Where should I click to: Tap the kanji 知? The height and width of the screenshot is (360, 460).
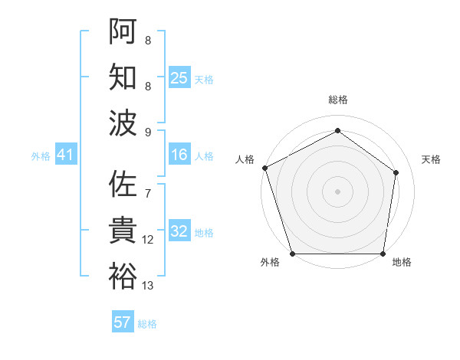pos(123,77)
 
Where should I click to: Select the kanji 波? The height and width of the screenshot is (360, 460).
pos(123,123)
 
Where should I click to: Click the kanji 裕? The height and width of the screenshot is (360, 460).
pos(123,276)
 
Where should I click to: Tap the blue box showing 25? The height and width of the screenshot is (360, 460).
pos(179,77)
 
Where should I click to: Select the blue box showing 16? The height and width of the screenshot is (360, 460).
pos(179,155)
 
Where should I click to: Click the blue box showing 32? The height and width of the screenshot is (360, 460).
pos(179,232)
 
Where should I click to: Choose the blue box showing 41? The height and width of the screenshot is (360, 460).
pos(65,155)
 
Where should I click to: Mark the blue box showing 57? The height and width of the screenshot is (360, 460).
pos(123,322)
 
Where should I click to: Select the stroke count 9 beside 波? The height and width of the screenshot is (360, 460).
pos(147,133)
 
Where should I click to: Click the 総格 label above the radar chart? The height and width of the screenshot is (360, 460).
pos(337,100)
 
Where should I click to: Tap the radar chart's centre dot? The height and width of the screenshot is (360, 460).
pos(337,191)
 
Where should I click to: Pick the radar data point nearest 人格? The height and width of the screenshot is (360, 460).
pos(264,168)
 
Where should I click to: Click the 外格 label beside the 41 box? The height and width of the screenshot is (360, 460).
pos(41,155)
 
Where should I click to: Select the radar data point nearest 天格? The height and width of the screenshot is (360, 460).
pos(396,172)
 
